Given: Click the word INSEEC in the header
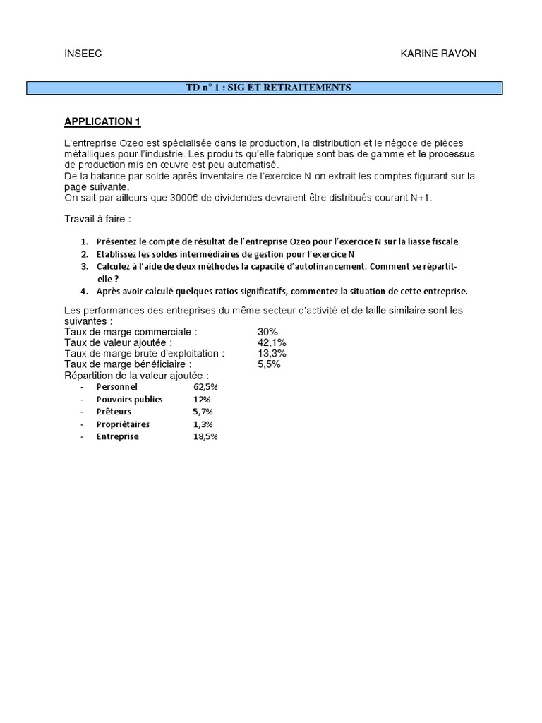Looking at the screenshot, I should (x=83, y=54).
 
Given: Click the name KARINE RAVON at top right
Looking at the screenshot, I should (x=438, y=54).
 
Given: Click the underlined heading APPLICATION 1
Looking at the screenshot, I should (x=102, y=121).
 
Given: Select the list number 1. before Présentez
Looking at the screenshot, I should (x=84, y=241).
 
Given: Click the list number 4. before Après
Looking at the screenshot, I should (x=84, y=291).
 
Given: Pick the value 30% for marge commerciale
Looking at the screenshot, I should (x=268, y=332).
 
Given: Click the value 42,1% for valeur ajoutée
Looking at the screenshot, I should (x=272, y=342).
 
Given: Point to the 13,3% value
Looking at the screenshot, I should (x=272, y=353).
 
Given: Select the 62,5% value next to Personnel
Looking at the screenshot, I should (x=205, y=387).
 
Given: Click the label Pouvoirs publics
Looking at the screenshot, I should (x=130, y=399).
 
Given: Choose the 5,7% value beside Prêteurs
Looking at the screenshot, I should (x=203, y=412).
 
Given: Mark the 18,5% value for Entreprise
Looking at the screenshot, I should (x=205, y=436).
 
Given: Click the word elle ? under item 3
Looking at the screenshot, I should (x=107, y=279).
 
